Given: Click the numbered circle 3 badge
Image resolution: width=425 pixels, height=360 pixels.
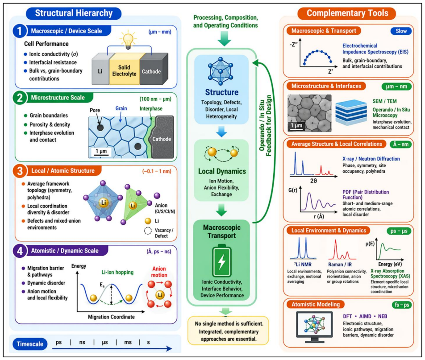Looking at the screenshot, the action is (20, 171).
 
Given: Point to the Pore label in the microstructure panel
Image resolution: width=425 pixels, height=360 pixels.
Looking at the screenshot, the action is (95, 110).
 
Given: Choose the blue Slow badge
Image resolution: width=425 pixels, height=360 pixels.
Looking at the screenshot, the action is (401, 31).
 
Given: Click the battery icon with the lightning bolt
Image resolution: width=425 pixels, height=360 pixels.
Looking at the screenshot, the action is (222, 261).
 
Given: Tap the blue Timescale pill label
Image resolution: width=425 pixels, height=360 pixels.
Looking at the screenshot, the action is (30, 344).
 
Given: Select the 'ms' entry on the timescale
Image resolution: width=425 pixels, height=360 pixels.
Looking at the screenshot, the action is (128, 343).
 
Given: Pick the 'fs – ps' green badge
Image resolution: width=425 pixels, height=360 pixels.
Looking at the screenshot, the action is (402, 305).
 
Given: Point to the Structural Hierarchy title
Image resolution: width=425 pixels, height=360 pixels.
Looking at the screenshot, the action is (74, 13).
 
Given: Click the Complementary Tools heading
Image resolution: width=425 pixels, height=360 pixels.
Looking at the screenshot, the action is (347, 13).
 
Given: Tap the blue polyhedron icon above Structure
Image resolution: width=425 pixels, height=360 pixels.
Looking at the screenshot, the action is (221, 71).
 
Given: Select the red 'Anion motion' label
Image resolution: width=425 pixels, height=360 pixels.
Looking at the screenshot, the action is (159, 272).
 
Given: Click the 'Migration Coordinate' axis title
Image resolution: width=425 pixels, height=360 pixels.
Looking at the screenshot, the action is (111, 317).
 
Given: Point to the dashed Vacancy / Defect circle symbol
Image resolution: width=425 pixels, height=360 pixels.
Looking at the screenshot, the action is (148, 231).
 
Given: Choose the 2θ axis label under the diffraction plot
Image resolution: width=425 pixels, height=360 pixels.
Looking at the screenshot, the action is (313, 181).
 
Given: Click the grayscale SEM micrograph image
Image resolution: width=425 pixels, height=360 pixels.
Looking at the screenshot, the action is (309, 113).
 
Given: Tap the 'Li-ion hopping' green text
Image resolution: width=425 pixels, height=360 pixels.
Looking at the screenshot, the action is (117, 272).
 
